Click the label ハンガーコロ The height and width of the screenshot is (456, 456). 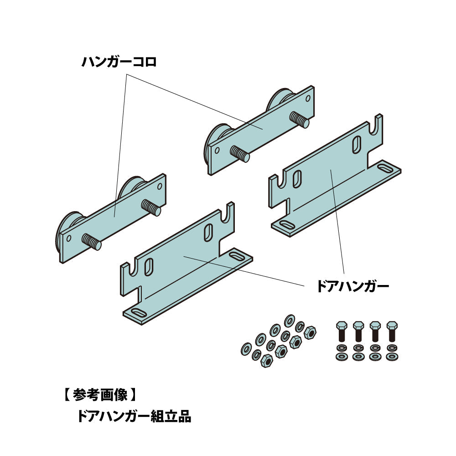coord(119,62)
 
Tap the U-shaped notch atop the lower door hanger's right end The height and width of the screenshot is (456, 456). coord(228,214)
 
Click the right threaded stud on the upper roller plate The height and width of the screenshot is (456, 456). coord(301,121)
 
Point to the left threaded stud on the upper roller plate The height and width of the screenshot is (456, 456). coord(240,154)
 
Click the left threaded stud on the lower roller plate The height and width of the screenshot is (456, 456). coord(92,242)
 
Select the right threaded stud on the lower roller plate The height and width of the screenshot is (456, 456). coord(152,208)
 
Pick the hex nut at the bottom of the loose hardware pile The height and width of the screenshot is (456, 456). coord(266,361)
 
